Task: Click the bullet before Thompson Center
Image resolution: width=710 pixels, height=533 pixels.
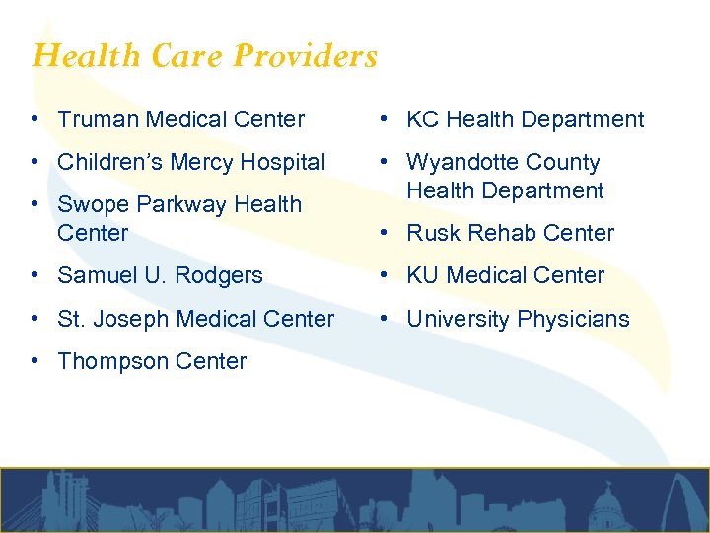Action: point(35,361)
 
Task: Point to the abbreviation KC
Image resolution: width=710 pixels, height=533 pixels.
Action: point(422,119)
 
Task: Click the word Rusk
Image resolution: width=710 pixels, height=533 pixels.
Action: point(431,233)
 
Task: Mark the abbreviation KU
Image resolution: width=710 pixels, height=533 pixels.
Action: point(423,275)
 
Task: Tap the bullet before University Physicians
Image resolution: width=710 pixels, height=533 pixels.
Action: point(384,319)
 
